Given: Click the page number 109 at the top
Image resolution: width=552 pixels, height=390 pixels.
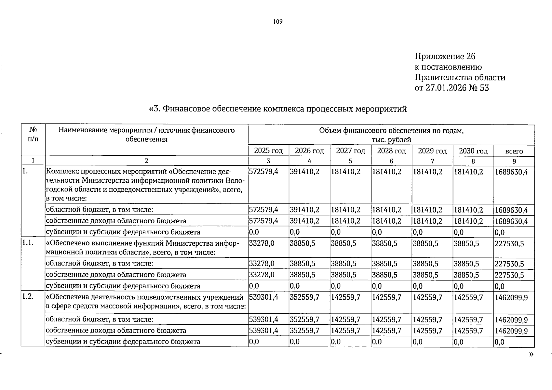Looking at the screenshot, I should pos(278,22).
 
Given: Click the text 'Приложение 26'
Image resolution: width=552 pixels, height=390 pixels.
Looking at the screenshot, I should pos(445,57).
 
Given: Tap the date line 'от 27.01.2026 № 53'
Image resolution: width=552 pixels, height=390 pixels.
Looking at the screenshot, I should pos(451,88).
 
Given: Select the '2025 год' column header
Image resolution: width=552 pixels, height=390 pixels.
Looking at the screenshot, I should pos(268,151).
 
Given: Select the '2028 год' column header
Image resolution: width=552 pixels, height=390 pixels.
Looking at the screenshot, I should pos(391,151).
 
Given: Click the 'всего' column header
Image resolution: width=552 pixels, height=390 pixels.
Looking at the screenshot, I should pos(514,151).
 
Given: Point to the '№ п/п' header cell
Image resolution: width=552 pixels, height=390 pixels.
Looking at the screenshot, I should pos(33,135).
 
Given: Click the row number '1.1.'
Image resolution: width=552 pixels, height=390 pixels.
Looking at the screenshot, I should pos(29,243).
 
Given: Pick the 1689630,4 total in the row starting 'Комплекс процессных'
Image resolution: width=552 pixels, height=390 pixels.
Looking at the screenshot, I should pos(511,172).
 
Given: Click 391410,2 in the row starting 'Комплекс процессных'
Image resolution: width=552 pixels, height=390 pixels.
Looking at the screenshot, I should pos(304,172).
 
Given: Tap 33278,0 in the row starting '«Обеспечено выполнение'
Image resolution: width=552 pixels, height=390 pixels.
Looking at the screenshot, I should pos(262,243).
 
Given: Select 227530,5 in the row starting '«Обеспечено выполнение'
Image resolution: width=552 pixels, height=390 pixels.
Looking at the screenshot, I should pos(509,243).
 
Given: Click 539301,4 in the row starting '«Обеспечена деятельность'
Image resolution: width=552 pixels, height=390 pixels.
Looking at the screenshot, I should pos(263,297).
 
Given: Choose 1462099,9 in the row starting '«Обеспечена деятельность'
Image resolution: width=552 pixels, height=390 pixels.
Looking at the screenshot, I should pos(511,297).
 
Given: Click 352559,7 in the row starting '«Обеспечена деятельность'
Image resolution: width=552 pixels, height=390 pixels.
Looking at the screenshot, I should pos(304,297).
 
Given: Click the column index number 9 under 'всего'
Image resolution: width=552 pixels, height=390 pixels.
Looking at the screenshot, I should pos(514,161).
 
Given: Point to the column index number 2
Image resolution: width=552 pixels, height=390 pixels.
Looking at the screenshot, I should pos(146,161).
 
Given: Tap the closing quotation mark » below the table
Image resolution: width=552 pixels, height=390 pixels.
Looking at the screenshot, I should pos(531,354).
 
